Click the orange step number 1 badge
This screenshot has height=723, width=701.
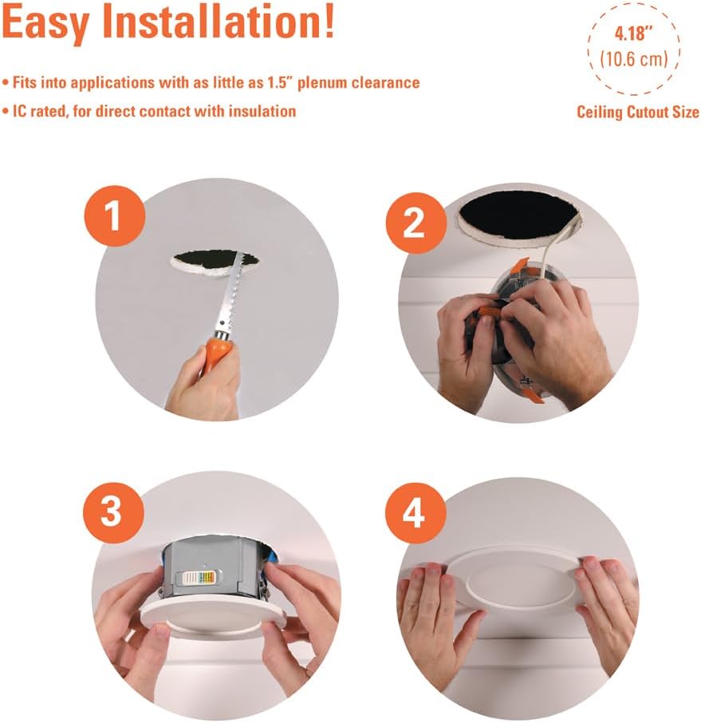click(x=114, y=216)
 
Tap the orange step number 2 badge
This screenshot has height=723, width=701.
click(x=416, y=223)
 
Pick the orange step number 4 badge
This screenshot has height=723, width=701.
click(x=415, y=513)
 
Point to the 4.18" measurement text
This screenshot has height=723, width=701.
click(x=634, y=34)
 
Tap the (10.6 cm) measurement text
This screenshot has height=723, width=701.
click(x=634, y=60)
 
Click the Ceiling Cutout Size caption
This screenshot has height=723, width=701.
click(x=638, y=112)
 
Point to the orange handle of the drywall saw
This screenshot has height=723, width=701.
click(x=218, y=351)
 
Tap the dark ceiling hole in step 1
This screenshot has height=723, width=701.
click(x=215, y=260)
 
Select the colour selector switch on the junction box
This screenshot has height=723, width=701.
click(x=199, y=577)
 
